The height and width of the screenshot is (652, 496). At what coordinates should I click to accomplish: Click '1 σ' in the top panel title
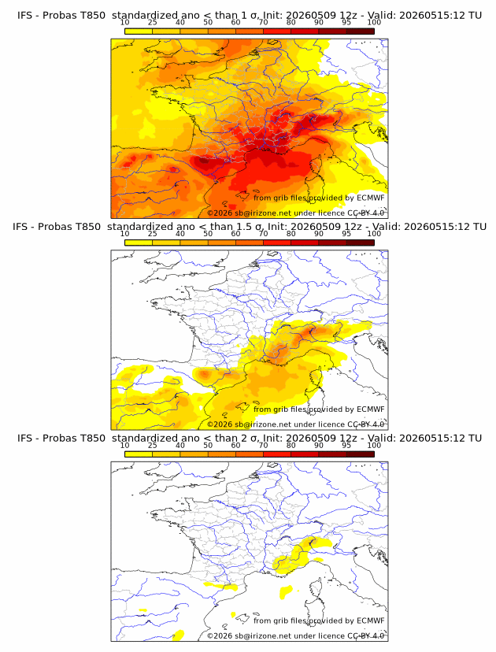tap(253, 16)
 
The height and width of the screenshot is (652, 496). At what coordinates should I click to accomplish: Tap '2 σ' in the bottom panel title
tap(253, 438)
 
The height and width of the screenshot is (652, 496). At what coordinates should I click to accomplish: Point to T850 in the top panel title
tap(93, 16)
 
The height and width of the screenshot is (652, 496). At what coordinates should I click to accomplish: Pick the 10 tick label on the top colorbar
tap(124, 23)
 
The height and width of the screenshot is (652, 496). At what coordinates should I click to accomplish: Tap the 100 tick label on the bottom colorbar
tap(374, 446)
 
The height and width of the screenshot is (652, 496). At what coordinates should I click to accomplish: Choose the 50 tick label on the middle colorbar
tap(208, 234)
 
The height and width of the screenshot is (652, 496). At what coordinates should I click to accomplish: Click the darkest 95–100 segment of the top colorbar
tap(361, 31)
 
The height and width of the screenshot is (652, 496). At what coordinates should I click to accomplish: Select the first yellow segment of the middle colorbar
tap(139, 243)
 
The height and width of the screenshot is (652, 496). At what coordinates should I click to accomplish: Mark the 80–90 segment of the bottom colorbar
tap(305, 454)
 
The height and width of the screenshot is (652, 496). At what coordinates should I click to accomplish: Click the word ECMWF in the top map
tap(371, 198)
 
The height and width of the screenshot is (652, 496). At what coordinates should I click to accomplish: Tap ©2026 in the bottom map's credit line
tap(220, 635)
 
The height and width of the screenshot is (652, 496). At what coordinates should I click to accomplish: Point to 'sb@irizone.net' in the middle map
tap(263, 424)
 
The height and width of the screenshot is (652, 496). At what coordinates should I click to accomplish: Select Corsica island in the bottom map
tap(316, 592)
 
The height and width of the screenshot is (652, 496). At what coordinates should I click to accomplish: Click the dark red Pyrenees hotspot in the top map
tap(204, 161)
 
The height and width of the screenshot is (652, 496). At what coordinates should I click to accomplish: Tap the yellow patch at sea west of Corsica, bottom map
tap(287, 591)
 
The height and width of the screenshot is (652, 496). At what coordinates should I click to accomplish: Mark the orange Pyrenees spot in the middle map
tap(205, 374)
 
